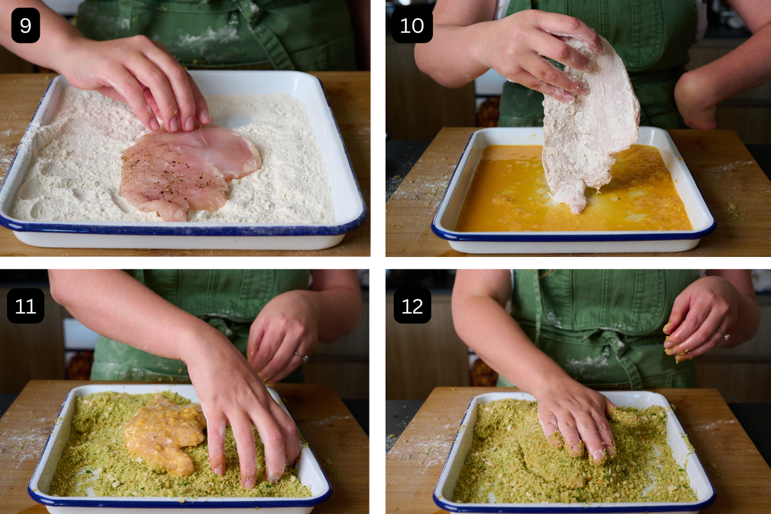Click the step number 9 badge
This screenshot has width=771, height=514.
coord(26,26)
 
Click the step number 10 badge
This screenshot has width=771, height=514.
coord(412,26)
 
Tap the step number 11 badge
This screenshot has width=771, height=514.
coord(26,306)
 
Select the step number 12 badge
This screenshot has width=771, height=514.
coord(412,306)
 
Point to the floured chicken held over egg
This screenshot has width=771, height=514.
coord(588,128)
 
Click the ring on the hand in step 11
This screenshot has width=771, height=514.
coord(301,356)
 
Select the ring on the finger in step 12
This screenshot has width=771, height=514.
coord(723,334)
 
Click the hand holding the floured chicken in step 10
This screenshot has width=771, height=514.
coord(540,55)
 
